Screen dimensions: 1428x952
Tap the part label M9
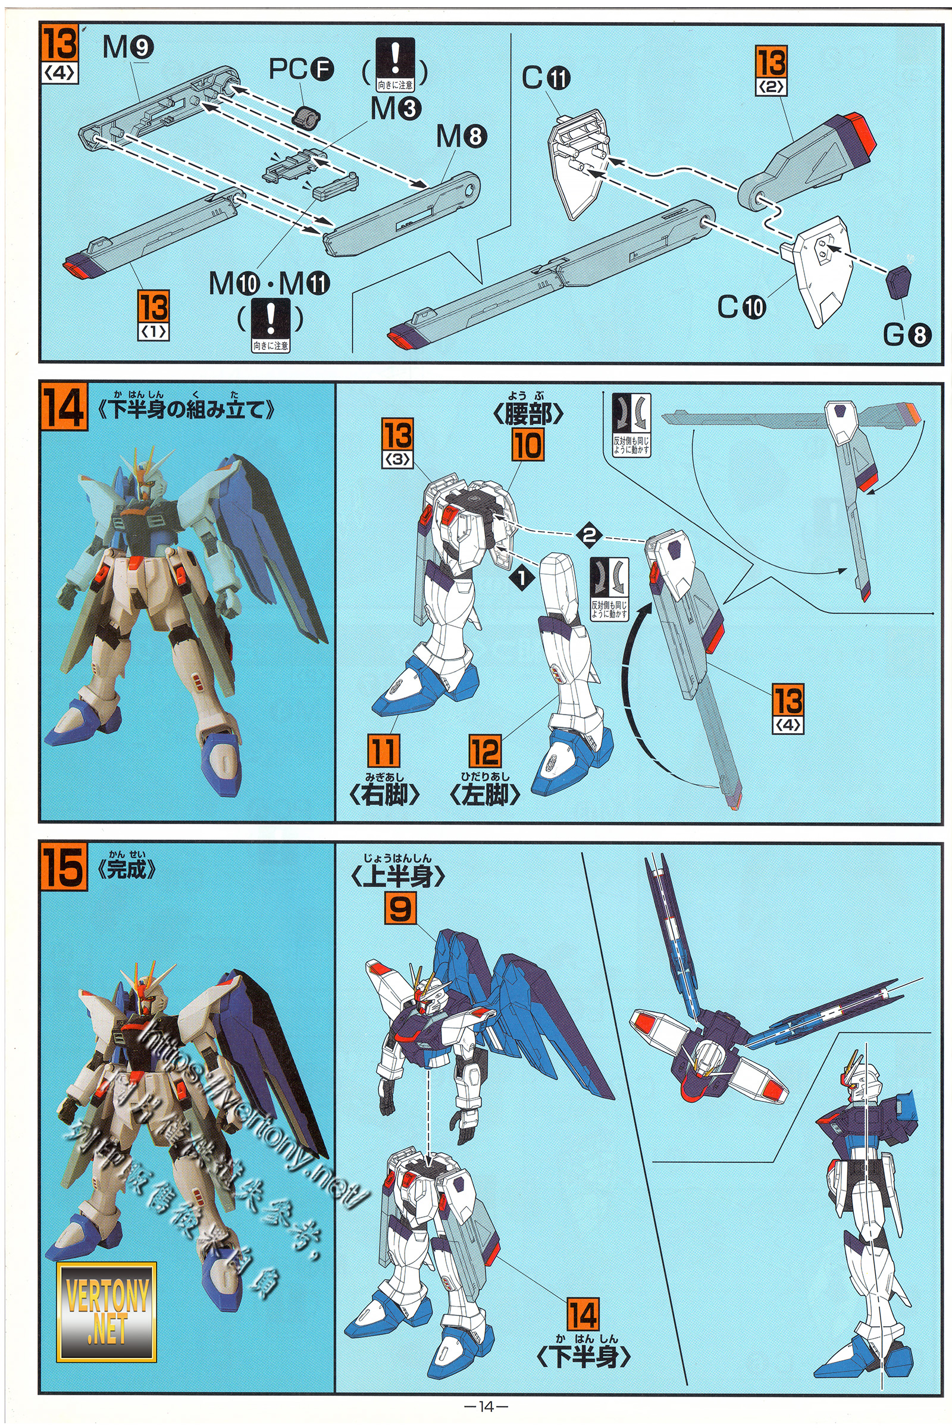[127, 48]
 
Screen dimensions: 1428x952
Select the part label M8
[462, 137]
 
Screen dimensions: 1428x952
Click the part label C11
[546, 79]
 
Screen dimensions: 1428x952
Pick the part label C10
[741, 307]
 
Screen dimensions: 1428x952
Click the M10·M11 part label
[269, 283]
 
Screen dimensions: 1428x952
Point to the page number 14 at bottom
[485, 1407]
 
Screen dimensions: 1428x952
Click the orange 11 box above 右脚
[384, 750]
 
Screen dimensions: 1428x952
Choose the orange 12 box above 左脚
[484, 751]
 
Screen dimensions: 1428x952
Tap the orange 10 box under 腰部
[527, 445]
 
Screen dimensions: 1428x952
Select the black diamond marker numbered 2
[589, 535]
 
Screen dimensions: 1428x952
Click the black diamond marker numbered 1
[523, 577]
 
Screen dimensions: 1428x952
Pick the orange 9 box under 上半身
[400, 910]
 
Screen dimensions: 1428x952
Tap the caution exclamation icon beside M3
[395, 64]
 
